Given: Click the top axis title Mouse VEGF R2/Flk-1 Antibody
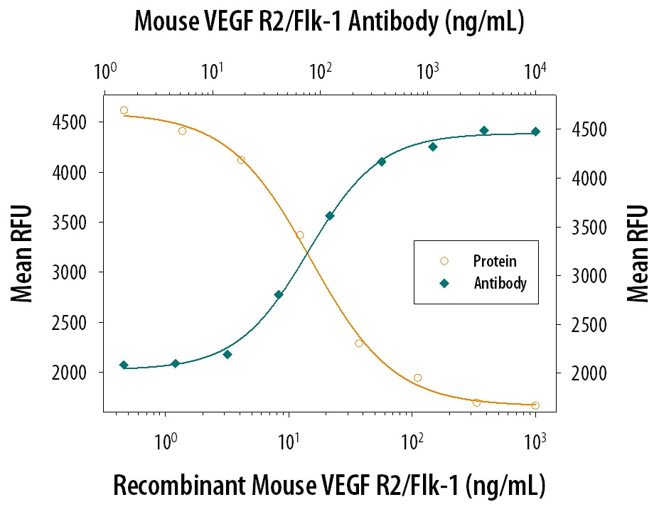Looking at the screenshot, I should coord(329,23).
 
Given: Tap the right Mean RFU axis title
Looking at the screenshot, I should coord(638,253).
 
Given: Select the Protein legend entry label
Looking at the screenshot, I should coord(495,261).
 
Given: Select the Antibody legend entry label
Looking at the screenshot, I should coord(500,283).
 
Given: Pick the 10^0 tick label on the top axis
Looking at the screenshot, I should coord(105,71).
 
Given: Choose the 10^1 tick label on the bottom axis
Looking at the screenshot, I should coord(288,439).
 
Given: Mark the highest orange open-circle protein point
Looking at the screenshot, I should coord(124,110).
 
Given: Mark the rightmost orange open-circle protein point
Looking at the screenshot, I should coord(535,405).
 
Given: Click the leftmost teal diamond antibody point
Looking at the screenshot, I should coord(124,365).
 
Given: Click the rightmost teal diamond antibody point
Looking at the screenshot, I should coord(535,132).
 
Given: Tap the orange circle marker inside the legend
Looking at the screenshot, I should coord(444,261).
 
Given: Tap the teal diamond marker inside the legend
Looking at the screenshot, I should coord(444,283).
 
